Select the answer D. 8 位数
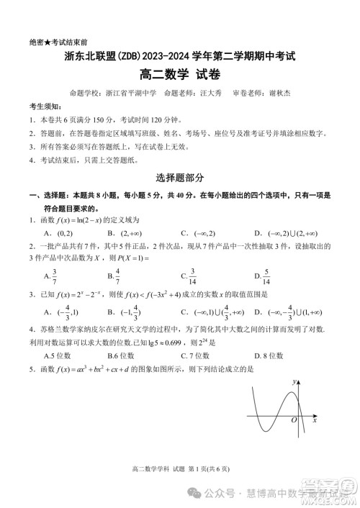click(x=271, y=355)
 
